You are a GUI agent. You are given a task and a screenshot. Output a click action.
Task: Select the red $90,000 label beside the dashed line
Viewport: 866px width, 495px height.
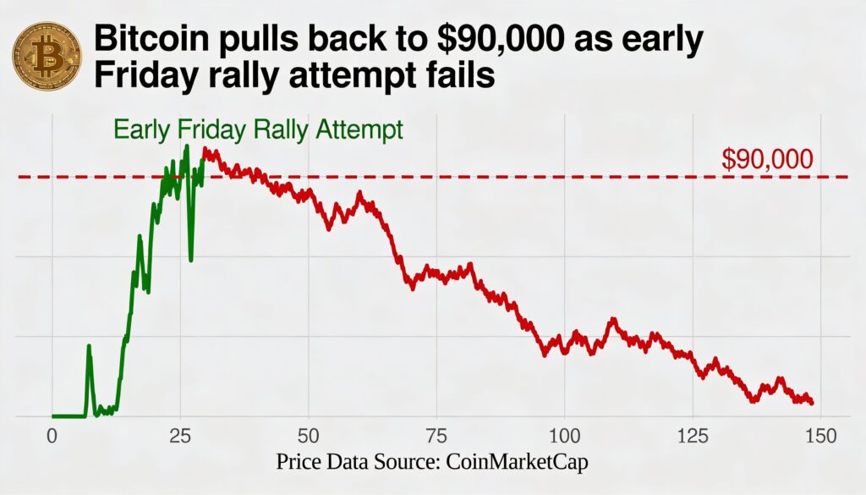[x=768, y=159]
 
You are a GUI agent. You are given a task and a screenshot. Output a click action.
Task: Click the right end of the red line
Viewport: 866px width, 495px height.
[x=812, y=403]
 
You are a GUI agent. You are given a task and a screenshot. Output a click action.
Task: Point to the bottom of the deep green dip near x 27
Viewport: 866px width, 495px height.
[x=191, y=260]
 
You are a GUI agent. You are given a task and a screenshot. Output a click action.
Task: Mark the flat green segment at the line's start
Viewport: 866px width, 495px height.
[x=68, y=415]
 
